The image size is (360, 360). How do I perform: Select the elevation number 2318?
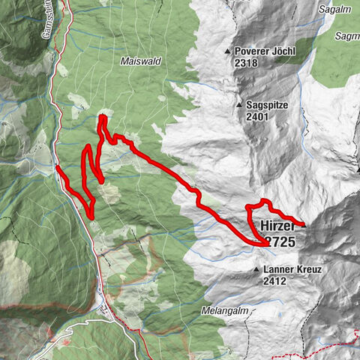(x=246, y=63)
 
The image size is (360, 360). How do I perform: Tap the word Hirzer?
(x=278, y=225)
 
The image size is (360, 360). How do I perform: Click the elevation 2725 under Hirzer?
(x=278, y=242)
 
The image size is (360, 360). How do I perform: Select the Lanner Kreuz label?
(x=292, y=269)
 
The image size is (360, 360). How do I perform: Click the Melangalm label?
(x=202, y=310)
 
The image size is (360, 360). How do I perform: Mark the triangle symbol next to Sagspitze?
(x=239, y=106)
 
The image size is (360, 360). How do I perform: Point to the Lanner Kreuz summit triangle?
(x=256, y=269)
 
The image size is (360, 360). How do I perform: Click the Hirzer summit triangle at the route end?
(x=304, y=223)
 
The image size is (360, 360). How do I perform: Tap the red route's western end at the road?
(x=58, y=167)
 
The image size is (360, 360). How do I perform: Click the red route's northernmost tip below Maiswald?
(x=101, y=116)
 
